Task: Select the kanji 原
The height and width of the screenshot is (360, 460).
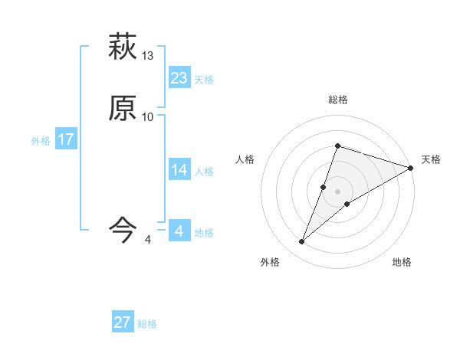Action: click(x=123, y=110)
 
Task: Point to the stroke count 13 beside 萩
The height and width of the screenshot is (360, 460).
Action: click(x=148, y=56)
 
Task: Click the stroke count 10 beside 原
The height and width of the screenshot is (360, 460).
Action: click(x=148, y=116)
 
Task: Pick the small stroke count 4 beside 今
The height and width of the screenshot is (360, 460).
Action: click(x=147, y=240)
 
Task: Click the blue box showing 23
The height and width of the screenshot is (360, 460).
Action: click(x=179, y=77)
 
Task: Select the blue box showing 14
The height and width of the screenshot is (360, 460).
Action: click(x=179, y=169)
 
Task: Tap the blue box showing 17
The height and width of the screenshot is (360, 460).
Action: click(x=66, y=139)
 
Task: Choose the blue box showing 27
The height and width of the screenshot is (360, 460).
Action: click(x=123, y=322)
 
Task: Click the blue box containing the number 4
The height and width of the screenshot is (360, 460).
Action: click(x=179, y=231)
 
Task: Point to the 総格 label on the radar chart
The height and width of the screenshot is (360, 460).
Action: click(x=337, y=100)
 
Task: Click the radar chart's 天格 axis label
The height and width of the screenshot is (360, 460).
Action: click(x=431, y=159)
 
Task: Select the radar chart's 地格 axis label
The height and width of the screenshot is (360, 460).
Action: click(x=402, y=262)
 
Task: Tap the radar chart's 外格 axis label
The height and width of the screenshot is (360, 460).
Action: click(x=270, y=262)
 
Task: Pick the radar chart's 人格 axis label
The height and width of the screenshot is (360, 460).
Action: click(x=245, y=159)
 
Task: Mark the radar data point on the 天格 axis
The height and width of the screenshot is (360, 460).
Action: click(x=411, y=168)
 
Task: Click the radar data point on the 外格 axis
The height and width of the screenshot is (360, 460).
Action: click(x=302, y=242)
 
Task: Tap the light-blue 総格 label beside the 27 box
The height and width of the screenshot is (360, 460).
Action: click(x=147, y=324)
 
